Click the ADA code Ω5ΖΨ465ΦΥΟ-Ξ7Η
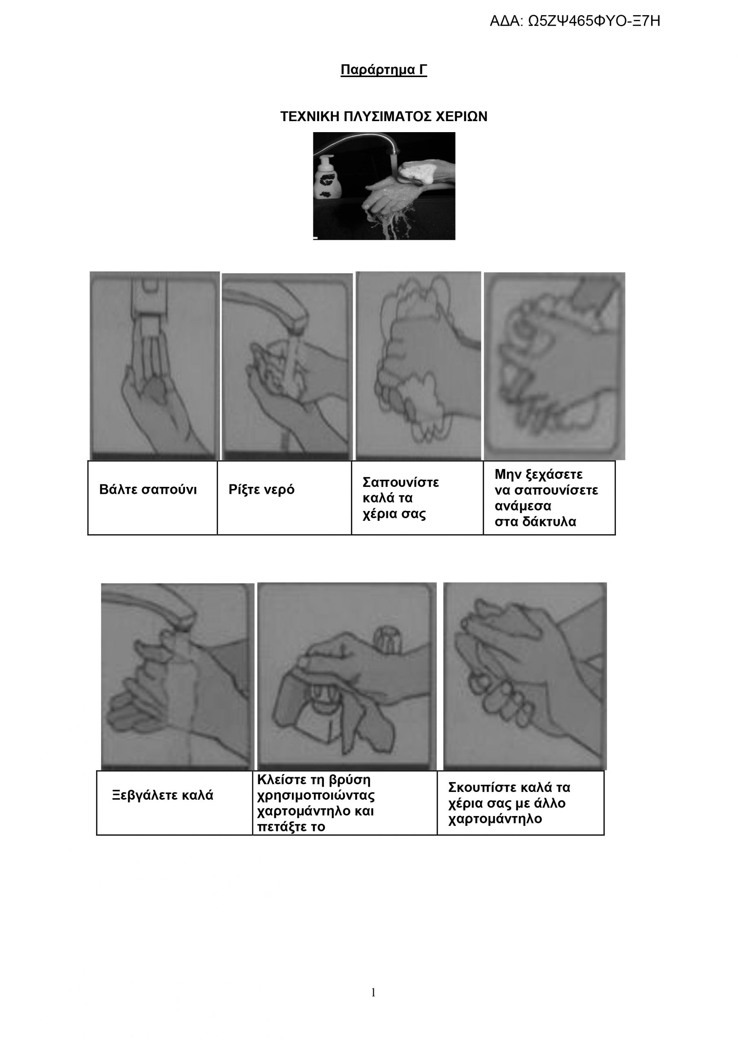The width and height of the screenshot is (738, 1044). (575, 21)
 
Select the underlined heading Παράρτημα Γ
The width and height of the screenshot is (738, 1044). (383, 70)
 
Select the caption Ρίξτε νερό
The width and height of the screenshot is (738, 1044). (261, 490)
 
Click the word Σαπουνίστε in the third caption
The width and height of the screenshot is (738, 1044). (401, 482)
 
